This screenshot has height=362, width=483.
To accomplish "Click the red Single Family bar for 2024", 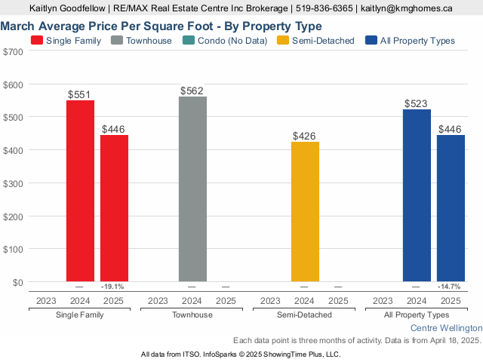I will (80, 191).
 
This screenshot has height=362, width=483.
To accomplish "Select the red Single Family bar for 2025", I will (114, 208).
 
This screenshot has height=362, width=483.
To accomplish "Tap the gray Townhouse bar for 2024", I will (192, 189).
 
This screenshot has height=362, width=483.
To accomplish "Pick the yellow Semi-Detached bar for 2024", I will (305, 211).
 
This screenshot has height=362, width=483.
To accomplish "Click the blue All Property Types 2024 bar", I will (417, 195).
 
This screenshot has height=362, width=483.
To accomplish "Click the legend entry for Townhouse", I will (143, 41).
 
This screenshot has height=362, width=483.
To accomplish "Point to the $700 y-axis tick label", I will (14, 51).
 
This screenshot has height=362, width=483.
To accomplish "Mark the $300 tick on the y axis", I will (14, 183).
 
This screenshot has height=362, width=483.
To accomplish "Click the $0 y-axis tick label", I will (17, 282).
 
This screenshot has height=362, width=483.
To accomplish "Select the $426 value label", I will (305, 137).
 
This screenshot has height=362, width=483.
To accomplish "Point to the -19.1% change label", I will (112, 287).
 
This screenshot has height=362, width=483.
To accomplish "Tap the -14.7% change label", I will (450, 287).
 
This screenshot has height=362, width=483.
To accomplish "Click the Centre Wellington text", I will (446, 329).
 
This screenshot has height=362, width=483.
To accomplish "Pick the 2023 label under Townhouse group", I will (158, 300).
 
